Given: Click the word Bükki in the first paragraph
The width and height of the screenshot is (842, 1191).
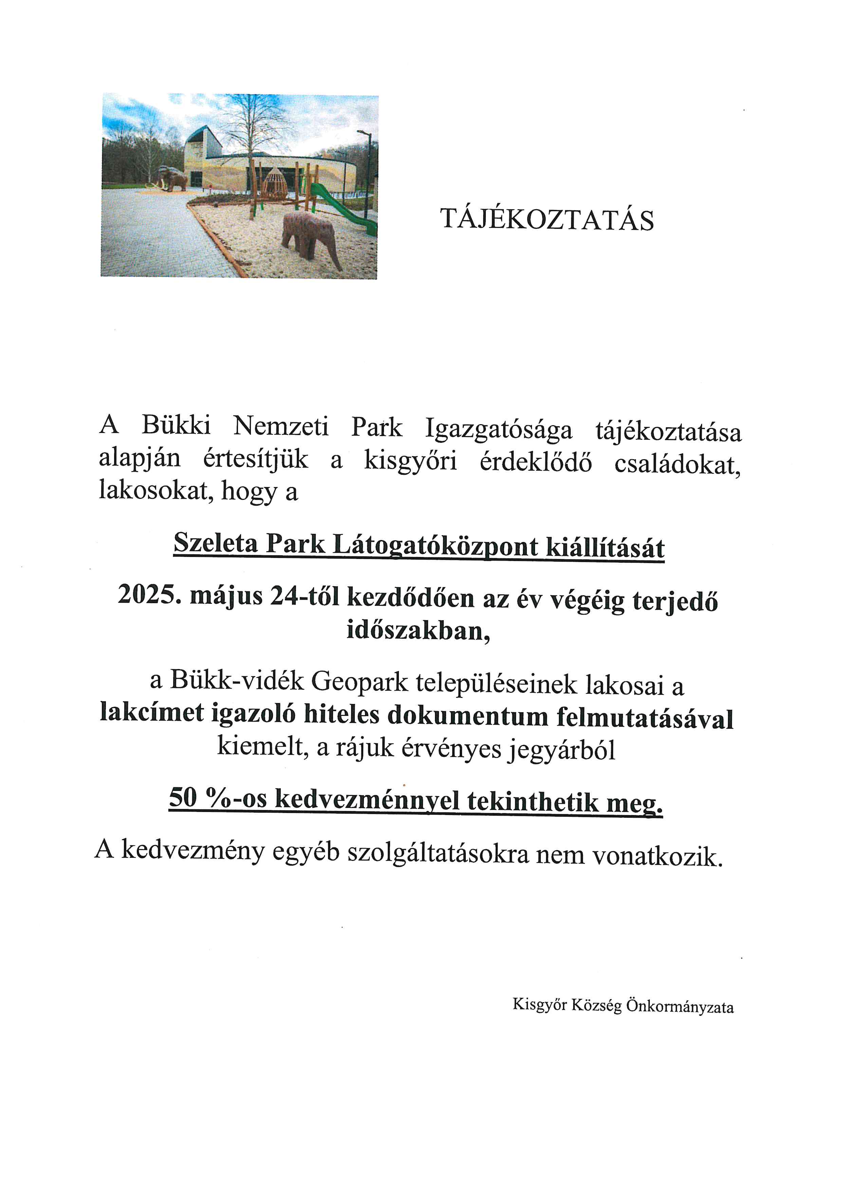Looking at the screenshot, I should click(176, 427).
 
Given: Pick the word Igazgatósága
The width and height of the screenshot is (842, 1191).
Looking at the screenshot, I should click(499, 430).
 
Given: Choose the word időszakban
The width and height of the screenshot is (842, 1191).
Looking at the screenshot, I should click(418, 630).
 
